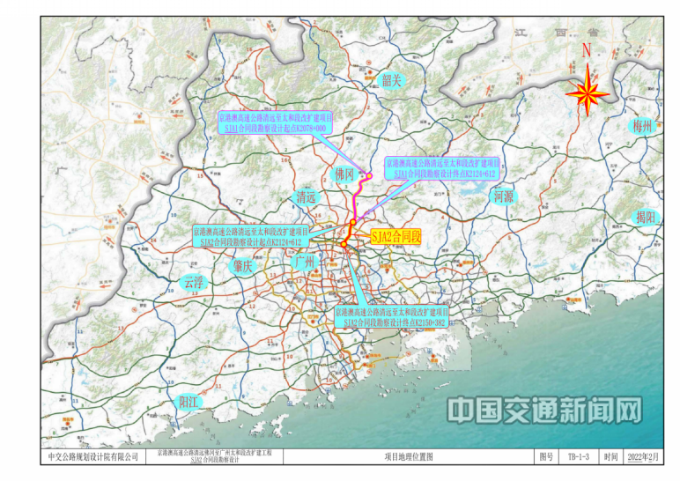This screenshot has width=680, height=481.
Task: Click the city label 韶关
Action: (x=391, y=81)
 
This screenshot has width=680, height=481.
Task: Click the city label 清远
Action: (x=306, y=197)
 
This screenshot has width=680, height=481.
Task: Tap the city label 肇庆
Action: (x=240, y=264)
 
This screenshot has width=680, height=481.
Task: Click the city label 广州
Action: (x=304, y=263)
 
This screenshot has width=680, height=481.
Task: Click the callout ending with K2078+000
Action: (x=276, y=122)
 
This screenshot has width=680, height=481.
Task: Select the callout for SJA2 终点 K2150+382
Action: (x=391, y=317)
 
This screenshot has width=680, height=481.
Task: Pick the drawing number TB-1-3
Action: (x=578, y=457)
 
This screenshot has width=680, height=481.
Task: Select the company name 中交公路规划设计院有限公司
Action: (x=93, y=457)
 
